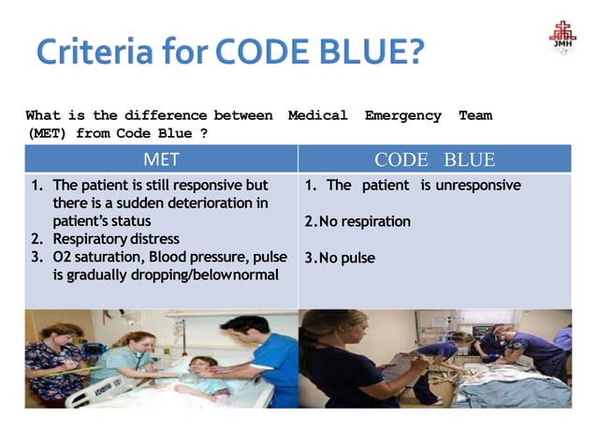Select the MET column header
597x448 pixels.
coord(161,159)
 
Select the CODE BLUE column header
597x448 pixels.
coord(434,159)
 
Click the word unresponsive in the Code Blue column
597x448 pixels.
coord(471,186)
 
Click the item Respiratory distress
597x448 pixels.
coord(116,239)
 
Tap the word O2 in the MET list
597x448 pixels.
coord(63,257)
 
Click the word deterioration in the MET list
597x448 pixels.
coord(210,203)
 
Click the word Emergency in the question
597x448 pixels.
coord(402,115)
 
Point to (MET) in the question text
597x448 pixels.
coord(44,133)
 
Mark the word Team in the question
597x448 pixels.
coord(474,115)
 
